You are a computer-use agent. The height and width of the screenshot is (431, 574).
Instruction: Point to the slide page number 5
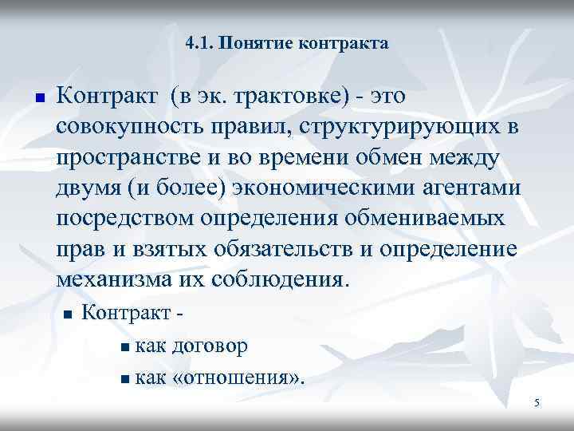[537, 403]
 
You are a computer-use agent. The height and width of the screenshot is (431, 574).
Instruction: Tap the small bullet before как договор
[129, 347]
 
